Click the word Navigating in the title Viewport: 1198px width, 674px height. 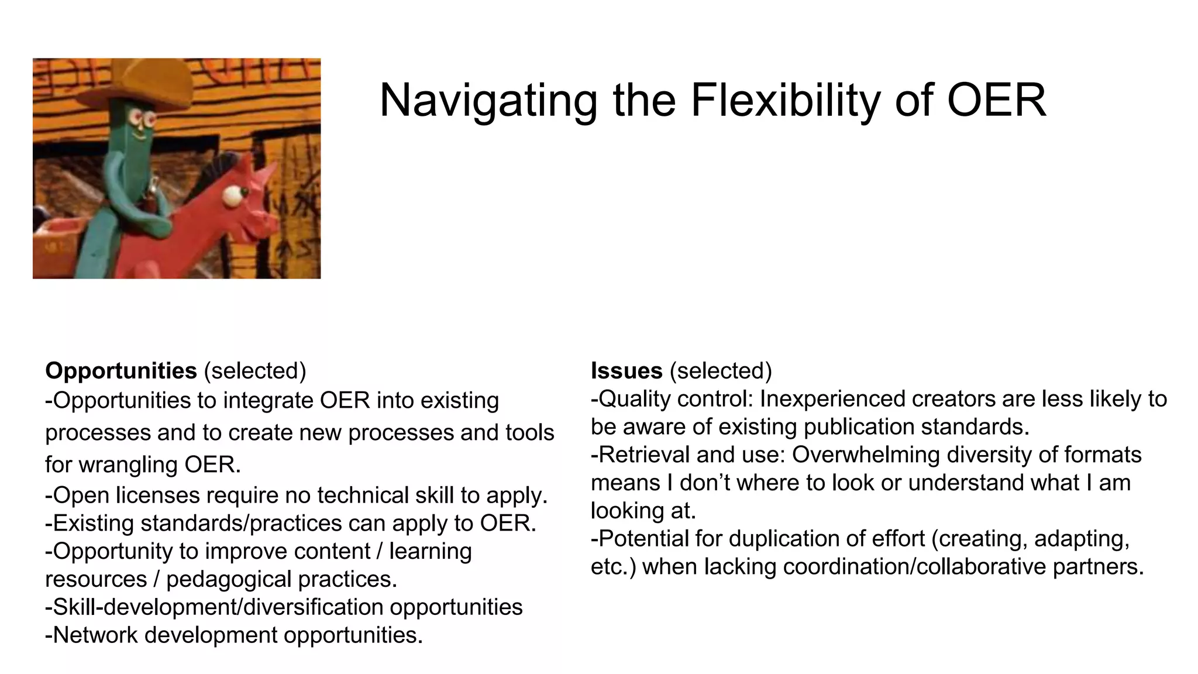pos(488,101)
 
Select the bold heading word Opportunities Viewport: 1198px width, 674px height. pos(121,371)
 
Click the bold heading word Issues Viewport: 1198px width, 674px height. pos(626,371)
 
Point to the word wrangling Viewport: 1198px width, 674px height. pos(129,465)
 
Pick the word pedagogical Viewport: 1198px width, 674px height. pos(229,579)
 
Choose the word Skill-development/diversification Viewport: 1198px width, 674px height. pos(217,607)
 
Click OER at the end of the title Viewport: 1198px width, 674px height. pos(996,101)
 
